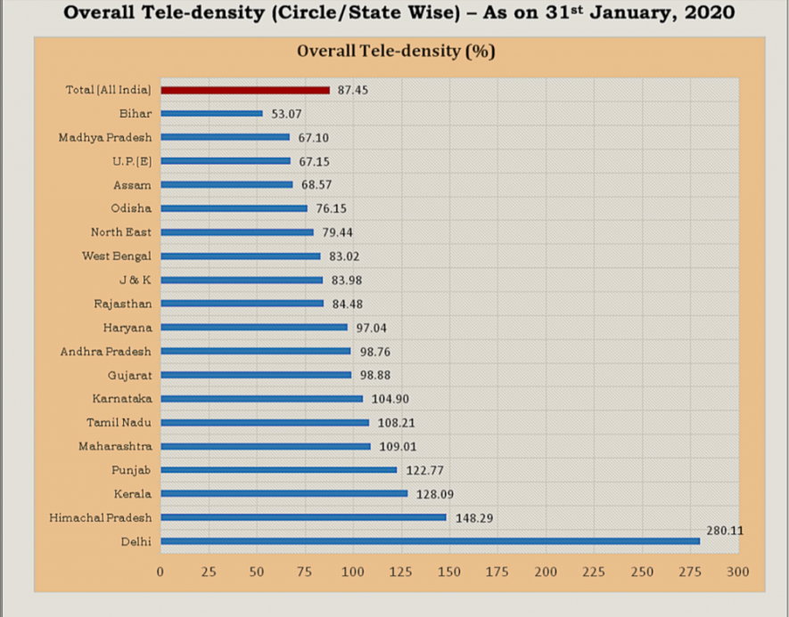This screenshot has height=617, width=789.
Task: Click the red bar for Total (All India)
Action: coord(245,90)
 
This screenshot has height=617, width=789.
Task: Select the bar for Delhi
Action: coord(430,540)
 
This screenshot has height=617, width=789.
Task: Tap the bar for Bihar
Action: coord(211,114)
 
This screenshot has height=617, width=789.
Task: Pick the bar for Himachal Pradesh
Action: coord(303,517)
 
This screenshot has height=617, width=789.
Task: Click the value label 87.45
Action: coord(354,90)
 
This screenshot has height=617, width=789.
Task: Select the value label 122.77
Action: coord(423,470)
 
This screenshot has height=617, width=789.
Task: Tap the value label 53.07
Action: coord(288,114)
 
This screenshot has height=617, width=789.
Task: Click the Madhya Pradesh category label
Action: coord(105,137)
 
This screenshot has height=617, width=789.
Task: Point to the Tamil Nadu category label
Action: coord(119,422)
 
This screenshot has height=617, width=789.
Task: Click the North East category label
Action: coord(121,232)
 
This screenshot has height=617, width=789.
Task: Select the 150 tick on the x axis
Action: coord(449,572)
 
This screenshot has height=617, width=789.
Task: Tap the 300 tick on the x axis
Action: coord(738,572)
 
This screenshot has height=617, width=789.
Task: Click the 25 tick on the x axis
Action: coord(209,572)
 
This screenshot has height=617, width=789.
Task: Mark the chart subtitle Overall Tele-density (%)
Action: coord(396,51)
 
